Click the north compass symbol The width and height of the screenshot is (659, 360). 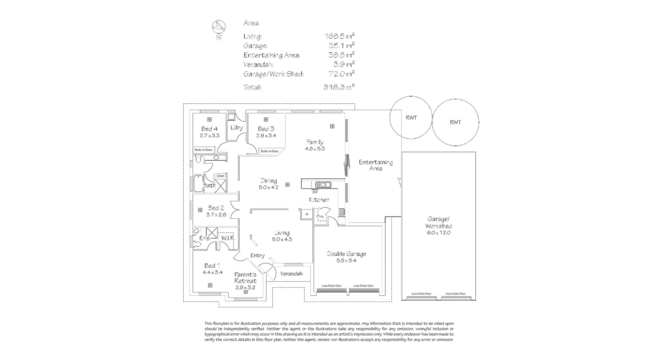[219, 26]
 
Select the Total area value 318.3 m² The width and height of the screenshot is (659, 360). [339, 87]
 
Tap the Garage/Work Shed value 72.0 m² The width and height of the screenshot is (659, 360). [341, 74]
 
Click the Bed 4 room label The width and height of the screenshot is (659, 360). [209, 129]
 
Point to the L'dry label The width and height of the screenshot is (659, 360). [236, 128]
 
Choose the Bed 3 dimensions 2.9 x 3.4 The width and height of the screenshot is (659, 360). [266, 136]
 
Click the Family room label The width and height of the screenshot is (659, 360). [315, 142]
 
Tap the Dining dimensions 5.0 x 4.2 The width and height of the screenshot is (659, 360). [268, 187]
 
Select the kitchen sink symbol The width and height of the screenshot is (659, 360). [323, 185]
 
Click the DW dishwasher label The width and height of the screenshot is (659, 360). [315, 192]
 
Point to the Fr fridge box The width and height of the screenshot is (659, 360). [307, 214]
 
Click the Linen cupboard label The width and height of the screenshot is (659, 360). [221, 176]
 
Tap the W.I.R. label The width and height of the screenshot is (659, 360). [228, 238]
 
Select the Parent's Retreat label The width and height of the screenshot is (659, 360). [245, 278]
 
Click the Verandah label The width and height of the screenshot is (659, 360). [291, 274]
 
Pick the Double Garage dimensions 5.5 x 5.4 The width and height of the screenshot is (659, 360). [346, 260]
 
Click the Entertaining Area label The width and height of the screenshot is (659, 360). [376, 165]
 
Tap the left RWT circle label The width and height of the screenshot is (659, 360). [411, 118]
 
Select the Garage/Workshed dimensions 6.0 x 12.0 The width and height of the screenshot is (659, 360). [439, 233]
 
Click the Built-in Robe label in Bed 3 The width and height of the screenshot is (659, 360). [269, 151]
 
